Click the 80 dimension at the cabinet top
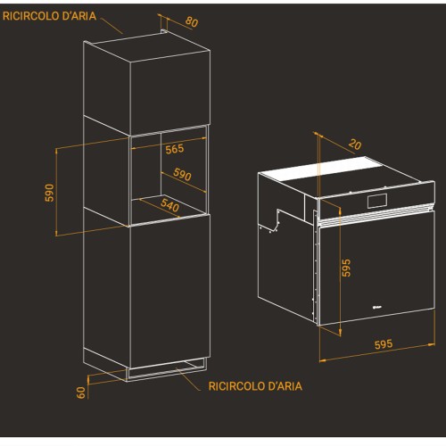coord(192,21)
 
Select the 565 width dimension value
coord(175,149)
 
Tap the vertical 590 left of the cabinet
coord(50,193)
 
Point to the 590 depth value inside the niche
coord(182,174)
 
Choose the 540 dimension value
coord(169,205)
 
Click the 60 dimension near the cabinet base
coord(81,392)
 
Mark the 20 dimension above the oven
coord(355,145)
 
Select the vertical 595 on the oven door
coord(346,268)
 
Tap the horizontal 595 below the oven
coord(384,344)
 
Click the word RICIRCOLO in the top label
coord(31,16)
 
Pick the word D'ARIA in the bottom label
coord(285,386)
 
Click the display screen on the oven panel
coord(377,201)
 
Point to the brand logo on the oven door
coord(377,308)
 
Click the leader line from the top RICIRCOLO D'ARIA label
coord(111,26)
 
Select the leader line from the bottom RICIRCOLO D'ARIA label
coord(188,379)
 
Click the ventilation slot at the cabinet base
coord(167,369)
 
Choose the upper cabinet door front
coord(170,94)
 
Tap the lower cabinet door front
coord(170,292)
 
